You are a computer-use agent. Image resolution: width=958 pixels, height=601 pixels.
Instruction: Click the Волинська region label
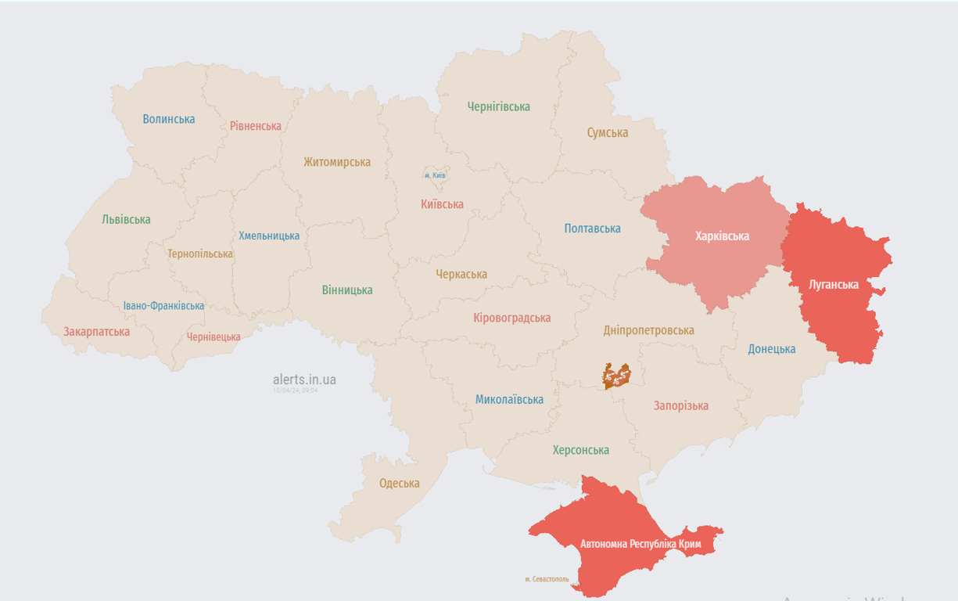point(169,119)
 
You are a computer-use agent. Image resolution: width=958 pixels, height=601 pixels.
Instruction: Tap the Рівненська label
point(256,126)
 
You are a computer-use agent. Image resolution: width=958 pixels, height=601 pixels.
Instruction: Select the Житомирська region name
point(337,162)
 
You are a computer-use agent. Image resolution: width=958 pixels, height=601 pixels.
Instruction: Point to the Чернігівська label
point(498,106)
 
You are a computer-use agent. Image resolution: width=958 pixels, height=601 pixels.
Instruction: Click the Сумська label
point(608,132)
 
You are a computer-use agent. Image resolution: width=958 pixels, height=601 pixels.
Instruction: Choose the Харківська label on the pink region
point(722,236)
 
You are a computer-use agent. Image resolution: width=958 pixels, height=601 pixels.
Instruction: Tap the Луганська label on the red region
point(834,284)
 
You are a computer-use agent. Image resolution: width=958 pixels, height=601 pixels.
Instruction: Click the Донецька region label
point(771,349)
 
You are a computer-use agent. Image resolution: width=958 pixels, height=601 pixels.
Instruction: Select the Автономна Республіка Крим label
point(640,543)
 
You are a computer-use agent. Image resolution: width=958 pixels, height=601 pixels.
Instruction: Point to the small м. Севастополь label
point(547,579)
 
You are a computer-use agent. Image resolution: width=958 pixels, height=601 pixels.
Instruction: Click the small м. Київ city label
point(435,175)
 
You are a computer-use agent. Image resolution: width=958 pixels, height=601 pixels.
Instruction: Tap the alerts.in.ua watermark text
point(304,380)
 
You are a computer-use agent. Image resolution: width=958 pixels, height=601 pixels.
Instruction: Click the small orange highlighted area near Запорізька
point(616,376)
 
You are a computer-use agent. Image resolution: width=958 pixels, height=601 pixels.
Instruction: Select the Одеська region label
point(399,483)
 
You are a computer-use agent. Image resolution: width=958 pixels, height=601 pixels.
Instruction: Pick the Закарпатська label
point(97,331)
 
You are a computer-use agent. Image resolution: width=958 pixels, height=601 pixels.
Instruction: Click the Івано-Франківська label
point(163,306)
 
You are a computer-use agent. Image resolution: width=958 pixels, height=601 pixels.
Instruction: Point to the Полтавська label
point(592,229)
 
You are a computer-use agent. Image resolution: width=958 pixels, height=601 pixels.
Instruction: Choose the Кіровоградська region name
point(511,318)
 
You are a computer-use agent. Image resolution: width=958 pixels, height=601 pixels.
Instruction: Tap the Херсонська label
point(580,450)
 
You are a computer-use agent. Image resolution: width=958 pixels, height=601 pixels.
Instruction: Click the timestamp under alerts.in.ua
point(296,390)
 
